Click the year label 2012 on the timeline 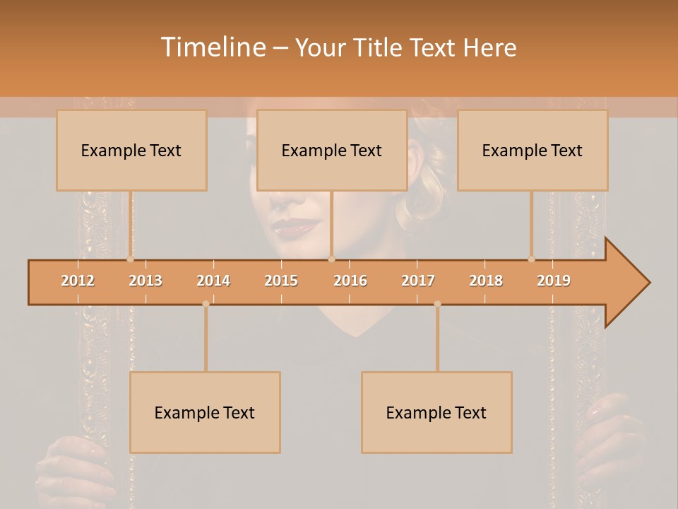click(x=78, y=281)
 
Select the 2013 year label click(x=145, y=281)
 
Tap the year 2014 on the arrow click(x=213, y=281)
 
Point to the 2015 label click(x=281, y=281)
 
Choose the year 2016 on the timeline click(x=350, y=281)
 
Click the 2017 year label click(x=418, y=281)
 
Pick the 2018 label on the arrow click(x=486, y=281)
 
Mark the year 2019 click(x=554, y=281)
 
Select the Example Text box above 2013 click(x=131, y=151)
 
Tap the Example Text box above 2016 click(x=332, y=151)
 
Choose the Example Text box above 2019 click(x=533, y=151)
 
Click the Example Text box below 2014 click(x=205, y=412)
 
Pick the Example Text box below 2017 click(x=436, y=412)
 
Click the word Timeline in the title click(x=212, y=47)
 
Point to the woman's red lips click(x=296, y=228)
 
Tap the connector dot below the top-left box click(x=130, y=259)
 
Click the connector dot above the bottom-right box click(x=437, y=304)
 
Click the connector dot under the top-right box click(x=532, y=259)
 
